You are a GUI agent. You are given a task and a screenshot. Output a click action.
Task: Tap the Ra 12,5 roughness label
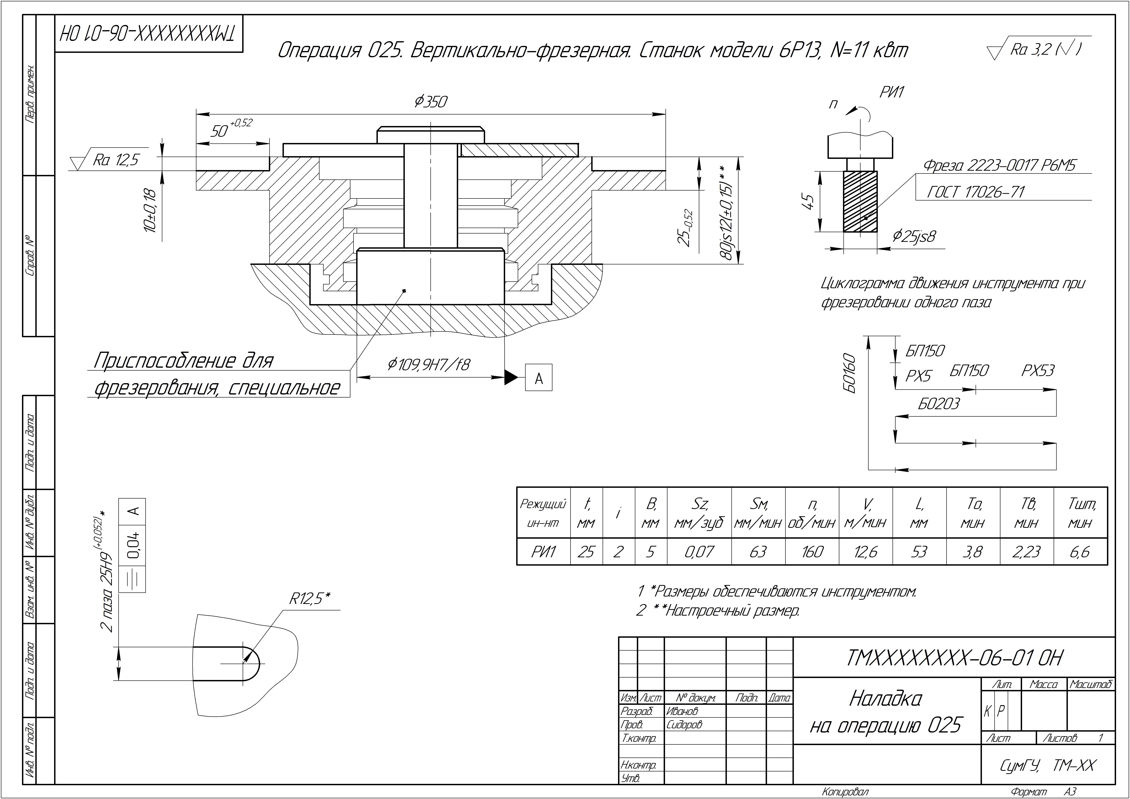(116, 160)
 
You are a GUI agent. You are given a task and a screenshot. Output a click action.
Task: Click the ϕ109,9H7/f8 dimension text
(428, 365)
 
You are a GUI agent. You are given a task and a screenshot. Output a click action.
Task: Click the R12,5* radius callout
(309, 598)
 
